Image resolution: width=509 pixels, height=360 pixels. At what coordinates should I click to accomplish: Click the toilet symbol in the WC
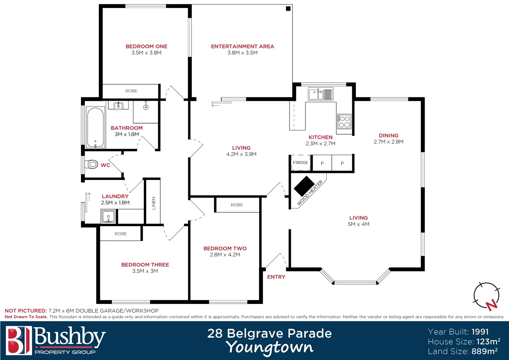point(92,164)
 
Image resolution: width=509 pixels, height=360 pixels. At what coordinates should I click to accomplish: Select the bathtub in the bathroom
point(96,127)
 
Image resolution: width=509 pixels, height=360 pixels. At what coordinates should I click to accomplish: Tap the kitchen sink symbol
point(320,94)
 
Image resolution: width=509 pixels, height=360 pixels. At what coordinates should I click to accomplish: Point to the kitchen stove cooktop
point(344,122)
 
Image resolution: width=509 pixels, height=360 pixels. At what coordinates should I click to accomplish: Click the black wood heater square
point(304,186)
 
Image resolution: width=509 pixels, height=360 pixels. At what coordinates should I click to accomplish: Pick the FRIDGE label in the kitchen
point(300,163)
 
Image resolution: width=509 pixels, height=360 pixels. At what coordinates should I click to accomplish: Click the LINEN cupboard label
point(154,203)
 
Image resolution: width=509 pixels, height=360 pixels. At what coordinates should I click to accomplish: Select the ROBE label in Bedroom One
point(131,91)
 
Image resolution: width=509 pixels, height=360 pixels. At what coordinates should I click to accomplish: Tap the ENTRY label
point(276,277)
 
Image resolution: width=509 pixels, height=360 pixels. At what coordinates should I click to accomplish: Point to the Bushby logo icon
point(19,340)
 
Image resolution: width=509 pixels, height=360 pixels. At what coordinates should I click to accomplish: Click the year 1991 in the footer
point(480,332)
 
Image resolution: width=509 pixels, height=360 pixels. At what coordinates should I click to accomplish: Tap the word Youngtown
point(269,347)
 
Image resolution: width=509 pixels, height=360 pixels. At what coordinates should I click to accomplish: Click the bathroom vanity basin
point(118,106)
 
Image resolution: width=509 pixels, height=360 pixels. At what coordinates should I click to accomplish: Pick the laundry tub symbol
point(108,216)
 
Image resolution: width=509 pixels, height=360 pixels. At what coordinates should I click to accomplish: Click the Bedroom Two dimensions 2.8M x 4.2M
point(225,255)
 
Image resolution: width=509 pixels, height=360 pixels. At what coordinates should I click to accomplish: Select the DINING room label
point(388,135)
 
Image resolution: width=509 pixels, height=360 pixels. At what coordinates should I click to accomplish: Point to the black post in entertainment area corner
point(288,9)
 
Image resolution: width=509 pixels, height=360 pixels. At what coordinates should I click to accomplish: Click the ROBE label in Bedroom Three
point(121,234)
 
